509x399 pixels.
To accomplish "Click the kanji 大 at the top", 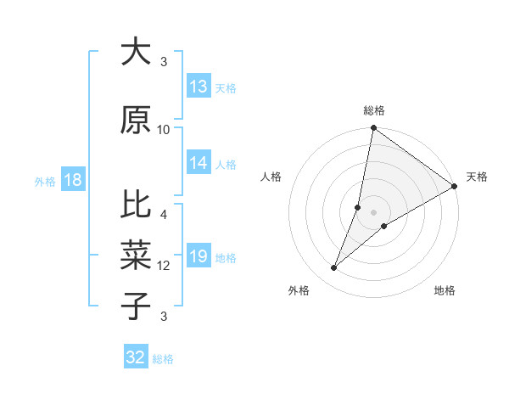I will (x=136, y=52).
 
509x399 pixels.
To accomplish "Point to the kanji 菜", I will (x=136, y=254).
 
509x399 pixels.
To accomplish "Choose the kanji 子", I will (x=136, y=306).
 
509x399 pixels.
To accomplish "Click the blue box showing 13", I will (x=199, y=86).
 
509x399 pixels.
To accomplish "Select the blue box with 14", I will (x=199, y=163).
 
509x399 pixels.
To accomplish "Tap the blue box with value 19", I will (x=199, y=256).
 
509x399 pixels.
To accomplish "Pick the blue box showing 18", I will (x=71, y=180).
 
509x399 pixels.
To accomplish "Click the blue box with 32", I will (x=136, y=357).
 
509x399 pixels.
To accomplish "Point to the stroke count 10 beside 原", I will (x=164, y=129).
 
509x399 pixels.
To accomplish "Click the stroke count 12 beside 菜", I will (x=164, y=265).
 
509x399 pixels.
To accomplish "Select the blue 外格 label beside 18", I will (x=45, y=181).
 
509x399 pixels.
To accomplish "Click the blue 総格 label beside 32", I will (x=163, y=358).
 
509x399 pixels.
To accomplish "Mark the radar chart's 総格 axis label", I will (x=373, y=110).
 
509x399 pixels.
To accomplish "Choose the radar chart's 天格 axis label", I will (x=477, y=177).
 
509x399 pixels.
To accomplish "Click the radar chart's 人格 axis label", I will (x=271, y=177).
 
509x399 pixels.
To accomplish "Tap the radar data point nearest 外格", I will (x=334, y=268).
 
